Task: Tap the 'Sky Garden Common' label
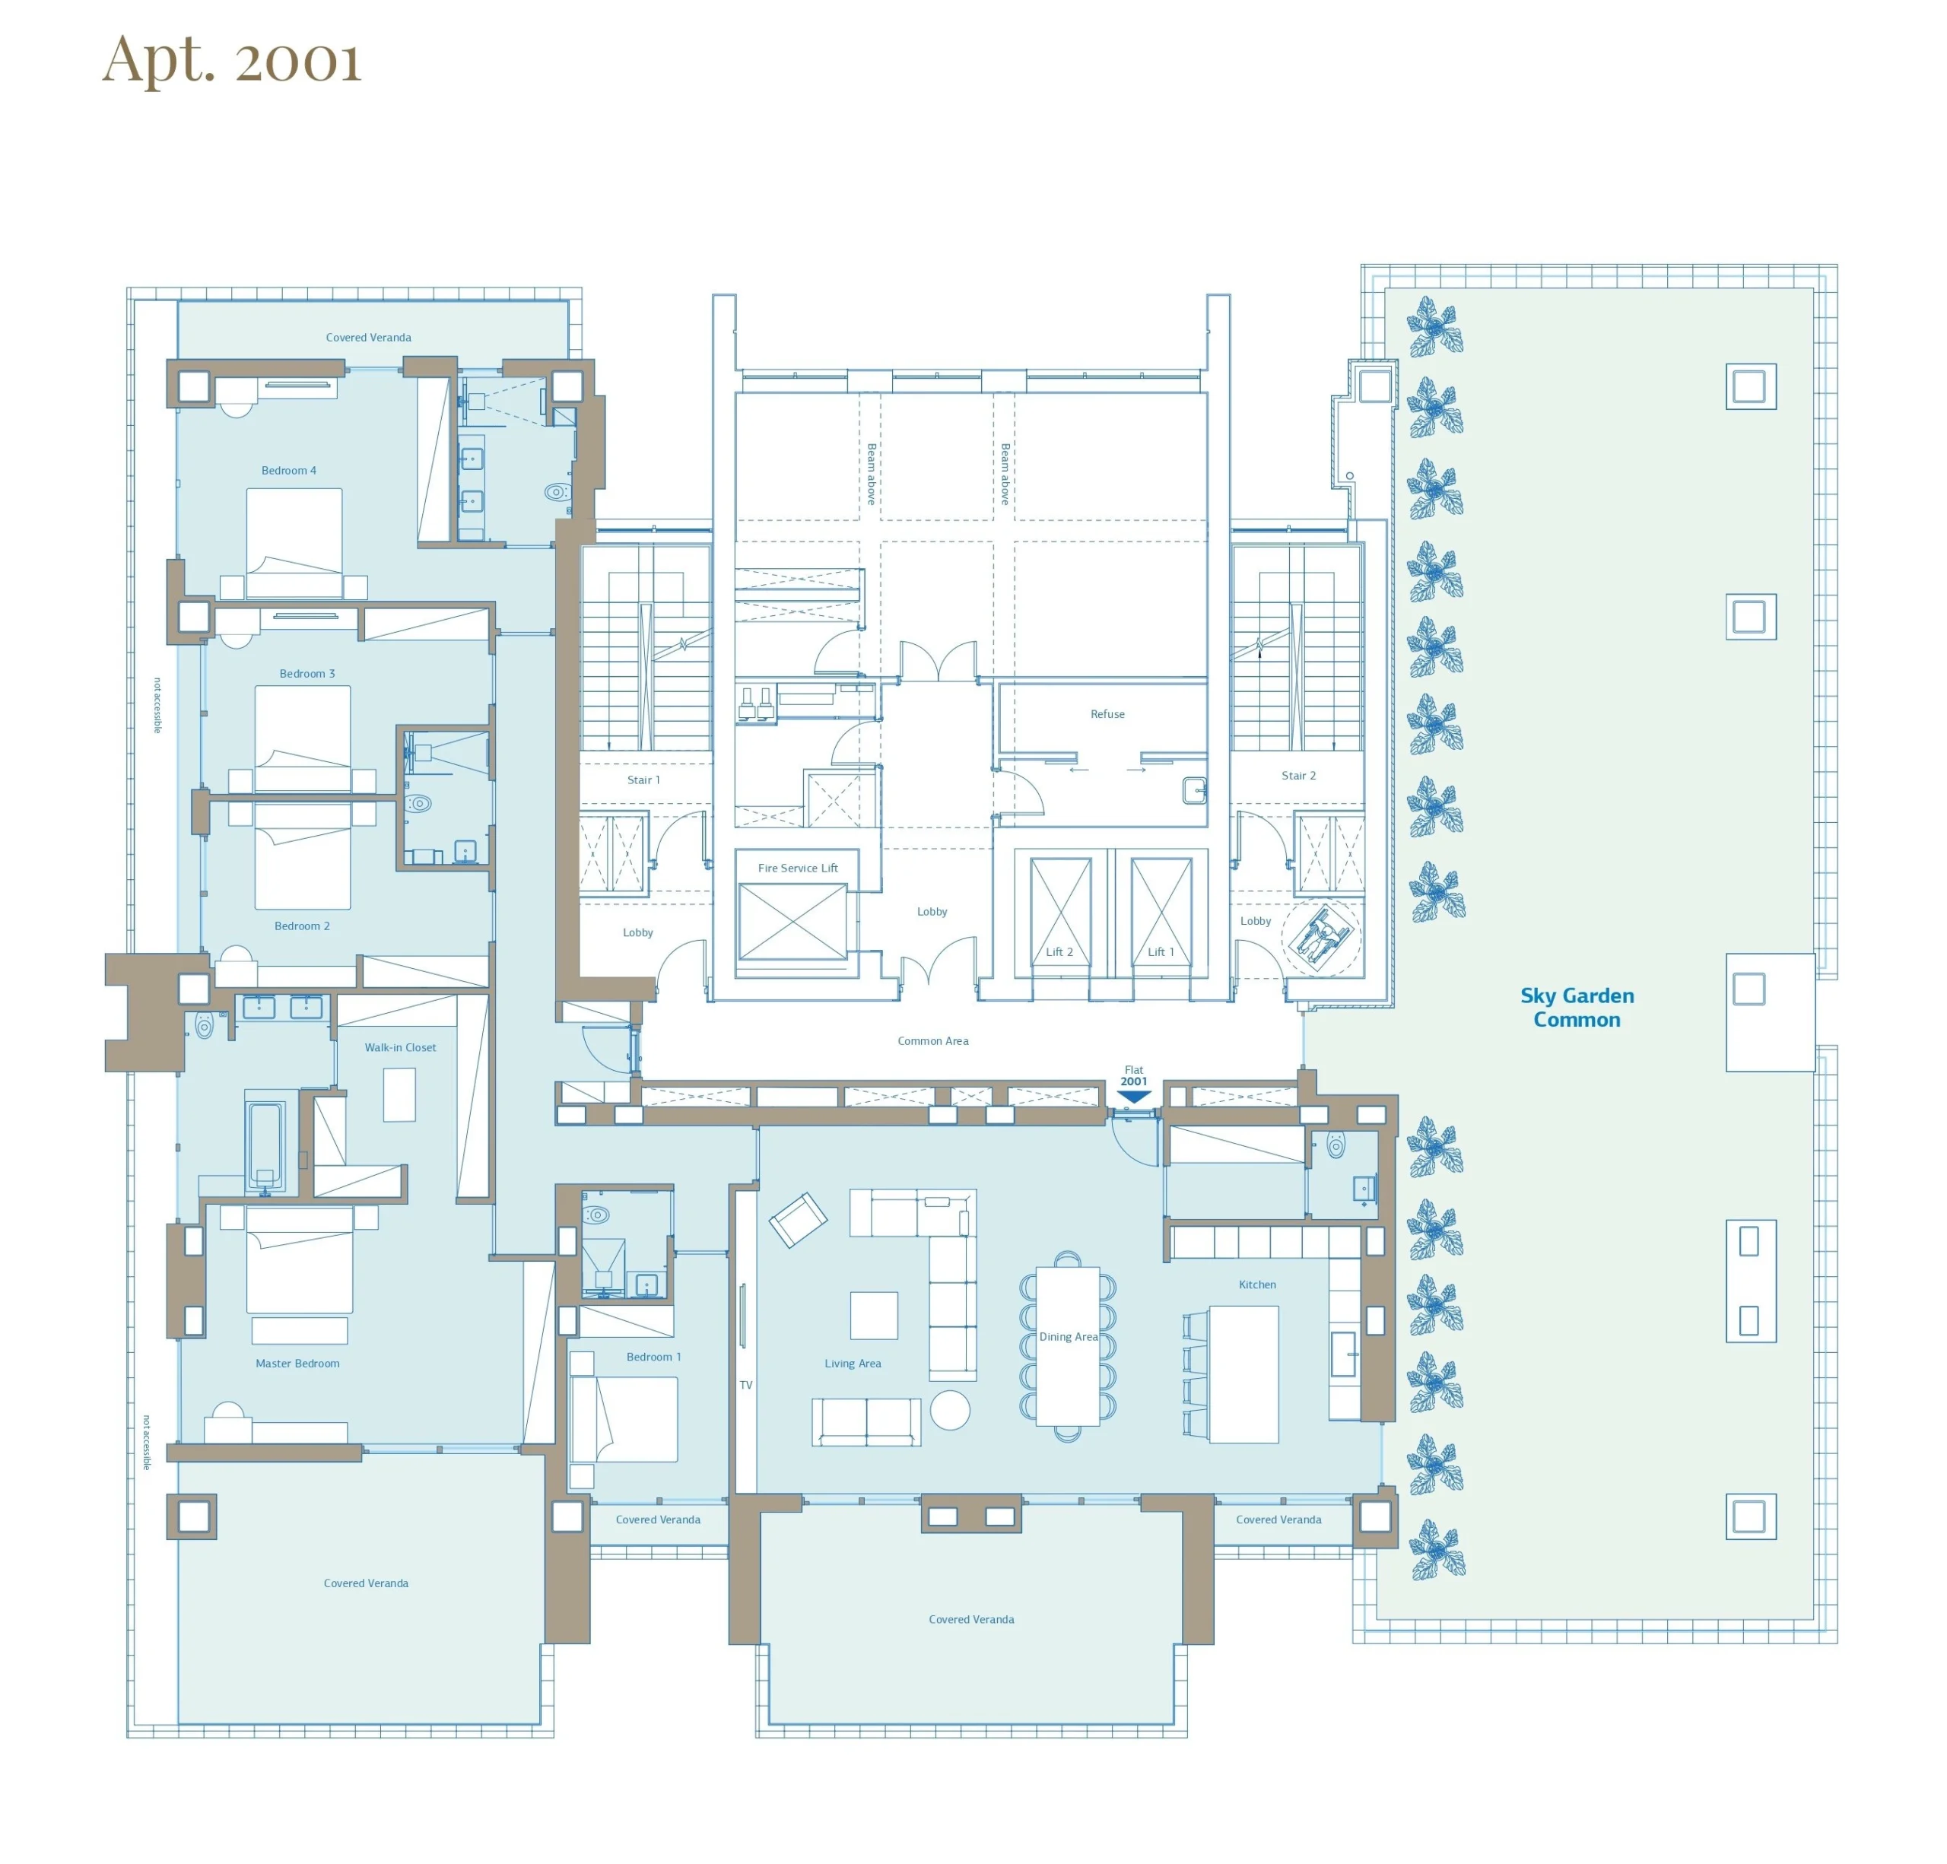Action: click(1577, 1007)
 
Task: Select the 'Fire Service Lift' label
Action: click(798, 868)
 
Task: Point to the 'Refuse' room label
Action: click(1107, 714)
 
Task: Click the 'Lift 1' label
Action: click(1161, 951)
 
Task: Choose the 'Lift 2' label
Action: click(1059, 951)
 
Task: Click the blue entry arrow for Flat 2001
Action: click(1133, 1097)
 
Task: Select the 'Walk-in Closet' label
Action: click(399, 1046)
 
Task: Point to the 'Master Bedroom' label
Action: click(297, 1364)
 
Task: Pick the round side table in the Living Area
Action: click(950, 1409)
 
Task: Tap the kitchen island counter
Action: click(1243, 1373)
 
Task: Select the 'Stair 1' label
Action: click(643, 780)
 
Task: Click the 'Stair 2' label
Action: click(1298, 776)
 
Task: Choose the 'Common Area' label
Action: click(932, 1040)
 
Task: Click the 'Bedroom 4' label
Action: click(288, 471)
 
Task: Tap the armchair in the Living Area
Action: click(797, 1220)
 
